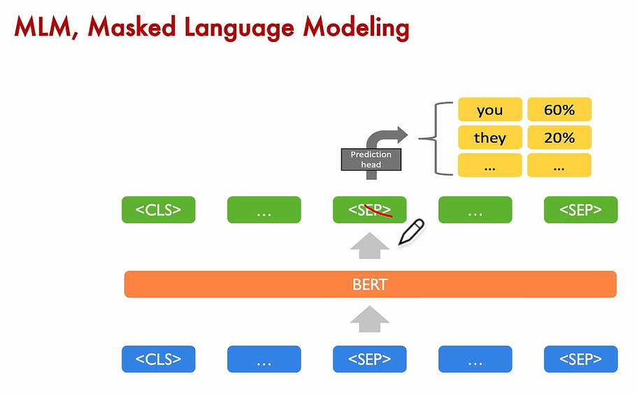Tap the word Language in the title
pyautogui.click(x=239, y=29)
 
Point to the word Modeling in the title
pyautogui.click(x=357, y=29)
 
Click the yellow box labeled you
pyautogui.click(x=490, y=109)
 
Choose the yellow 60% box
pyautogui.click(x=559, y=109)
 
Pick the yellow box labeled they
pyautogui.click(x=490, y=137)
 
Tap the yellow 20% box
pyautogui.click(x=559, y=137)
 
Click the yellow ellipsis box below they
pyautogui.click(x=490, y=165)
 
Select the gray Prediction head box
pyautogui.click(x=371, y=160)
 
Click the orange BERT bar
pyautogui.click(x=370, y=284)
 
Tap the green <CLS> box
pyautogui.click(x=159, y=210)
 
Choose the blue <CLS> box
pyautogui.click(x=159, y=359)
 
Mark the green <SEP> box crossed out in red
pyautogui.click(x=370, y=210)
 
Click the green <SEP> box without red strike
pyautogui.click(x=580, y=210)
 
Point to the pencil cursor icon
pyautogui.click(x=411, y=232)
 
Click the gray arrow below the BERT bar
pyautogui.click(x=370, y=319)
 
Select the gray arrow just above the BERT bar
pyautogui.click(x=370, y=246)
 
